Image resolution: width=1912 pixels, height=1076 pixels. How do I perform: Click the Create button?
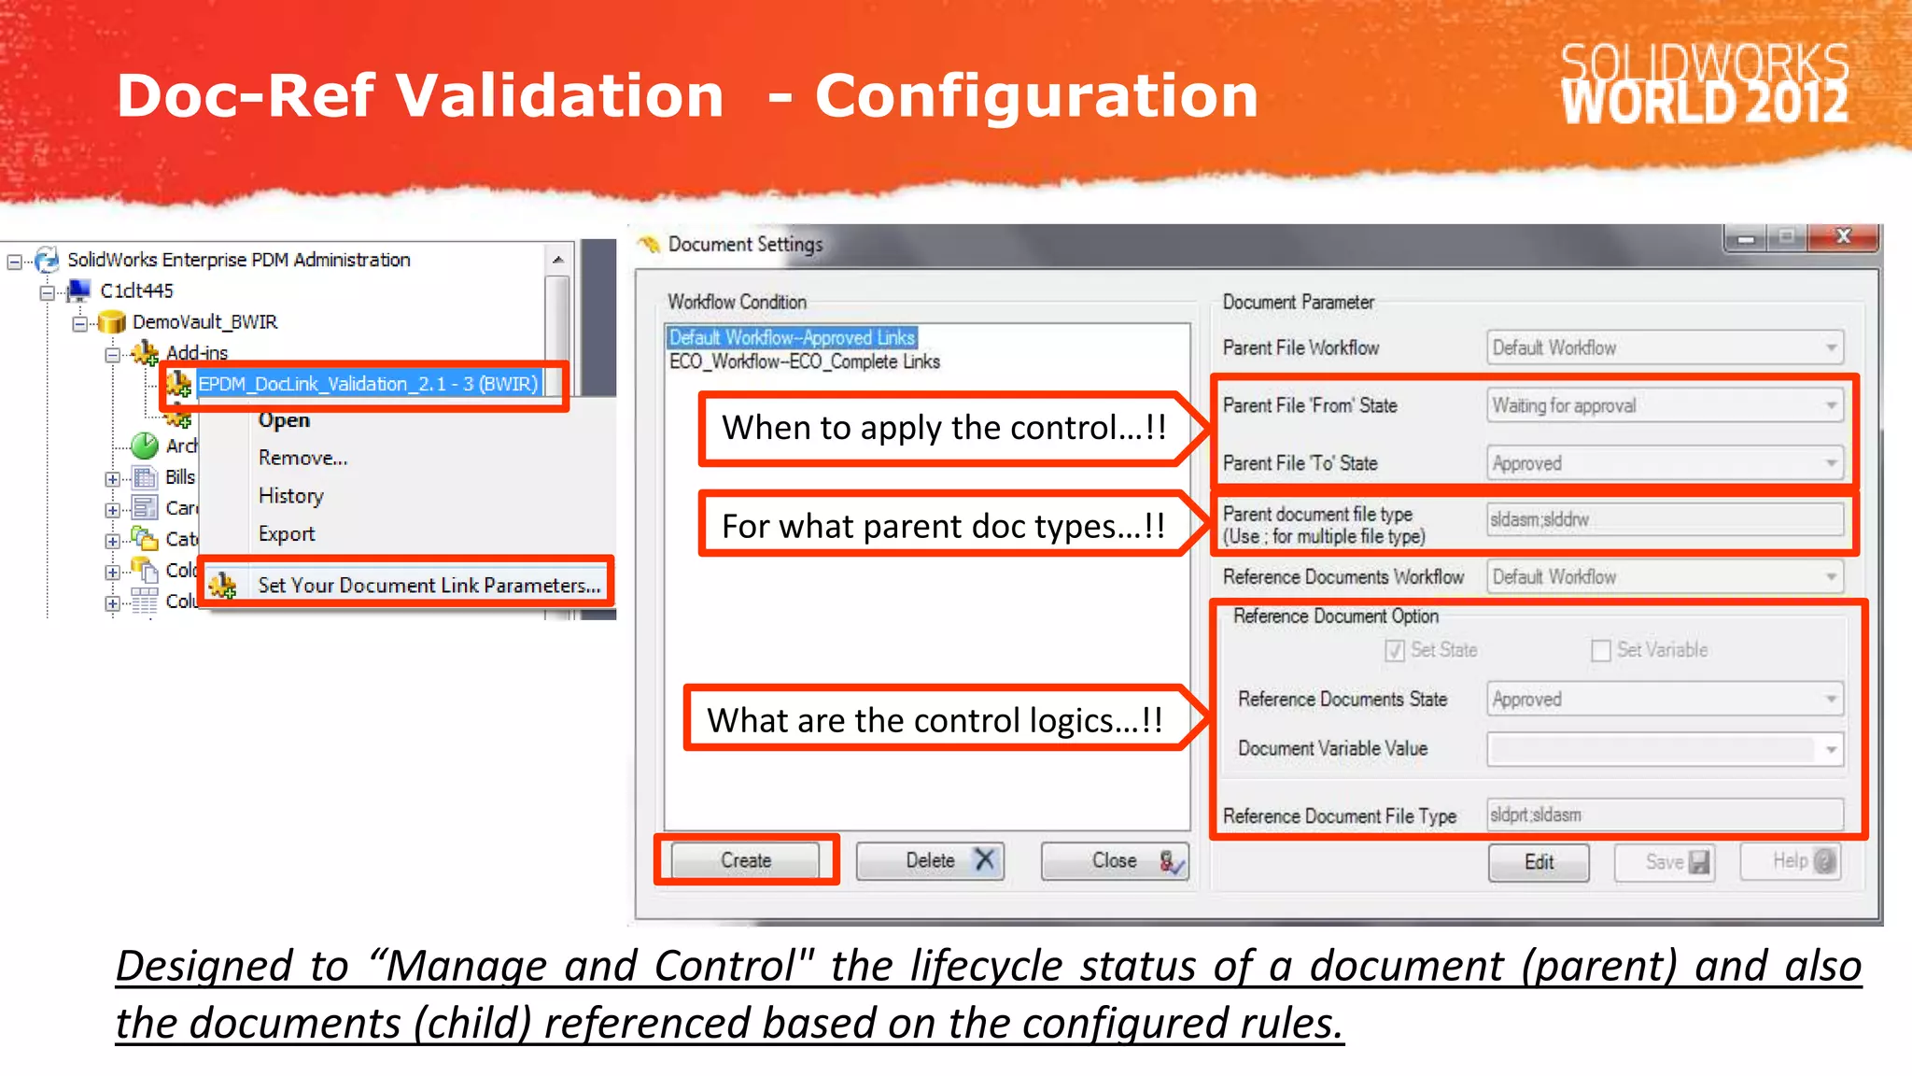click(745, 860)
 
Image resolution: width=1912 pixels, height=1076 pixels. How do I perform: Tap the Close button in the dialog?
click(1115, 860)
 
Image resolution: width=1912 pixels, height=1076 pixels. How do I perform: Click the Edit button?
click(1539, 862)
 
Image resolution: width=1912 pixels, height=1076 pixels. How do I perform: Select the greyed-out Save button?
click(1666, 862)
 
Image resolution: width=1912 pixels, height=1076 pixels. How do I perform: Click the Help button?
click(1791, 861)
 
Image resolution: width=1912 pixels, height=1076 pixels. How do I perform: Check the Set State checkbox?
click(1395, 650)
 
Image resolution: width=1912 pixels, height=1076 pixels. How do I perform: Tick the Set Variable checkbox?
click(1601, 650)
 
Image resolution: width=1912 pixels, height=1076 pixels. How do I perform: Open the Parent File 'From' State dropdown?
click(1665, 405)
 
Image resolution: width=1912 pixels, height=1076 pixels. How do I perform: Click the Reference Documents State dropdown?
click(1665, 699)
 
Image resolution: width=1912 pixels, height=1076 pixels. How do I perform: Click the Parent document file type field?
click(1665, 519)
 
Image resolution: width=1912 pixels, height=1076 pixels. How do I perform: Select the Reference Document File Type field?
click(1665, 814)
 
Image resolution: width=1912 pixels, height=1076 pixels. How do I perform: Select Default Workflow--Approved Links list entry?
click(793, 337)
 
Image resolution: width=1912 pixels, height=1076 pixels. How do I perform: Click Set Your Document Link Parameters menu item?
click(429, 585)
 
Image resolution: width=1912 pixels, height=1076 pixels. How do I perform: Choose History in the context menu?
click(291, 496)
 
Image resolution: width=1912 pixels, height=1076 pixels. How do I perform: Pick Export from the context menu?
click(287, 534)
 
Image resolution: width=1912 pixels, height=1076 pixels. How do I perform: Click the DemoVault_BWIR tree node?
click(204, 322)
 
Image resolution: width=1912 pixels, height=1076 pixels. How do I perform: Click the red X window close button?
click(1843, 237)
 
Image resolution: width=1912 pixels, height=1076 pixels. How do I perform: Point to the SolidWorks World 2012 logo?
click(1704, 84)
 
